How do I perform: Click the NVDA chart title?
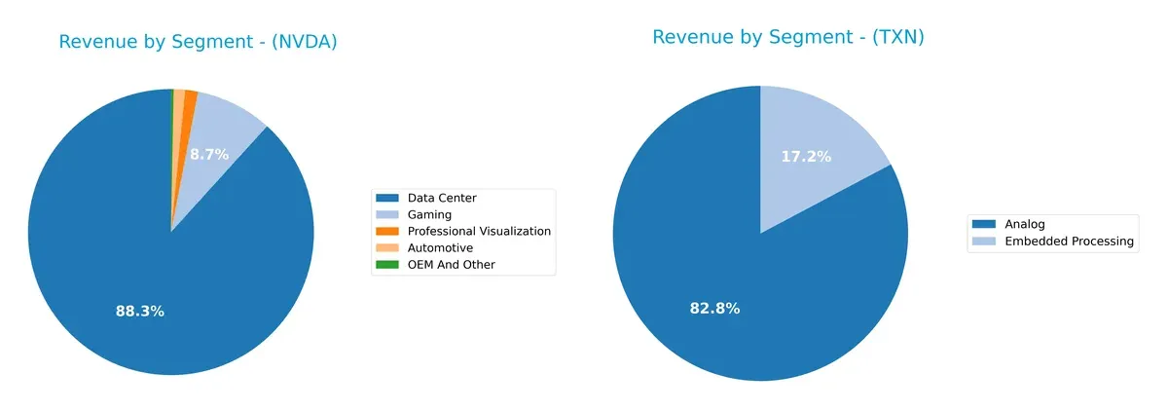(x=198, y=42)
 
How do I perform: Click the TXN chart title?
(x=787, y=37)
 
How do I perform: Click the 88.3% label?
(x=139, y=312)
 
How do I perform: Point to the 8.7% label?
(x=209, y=154)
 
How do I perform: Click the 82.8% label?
(x=715, y=309)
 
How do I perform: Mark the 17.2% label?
(x=806, y=156)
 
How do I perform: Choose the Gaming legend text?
(x=429, y=214)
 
